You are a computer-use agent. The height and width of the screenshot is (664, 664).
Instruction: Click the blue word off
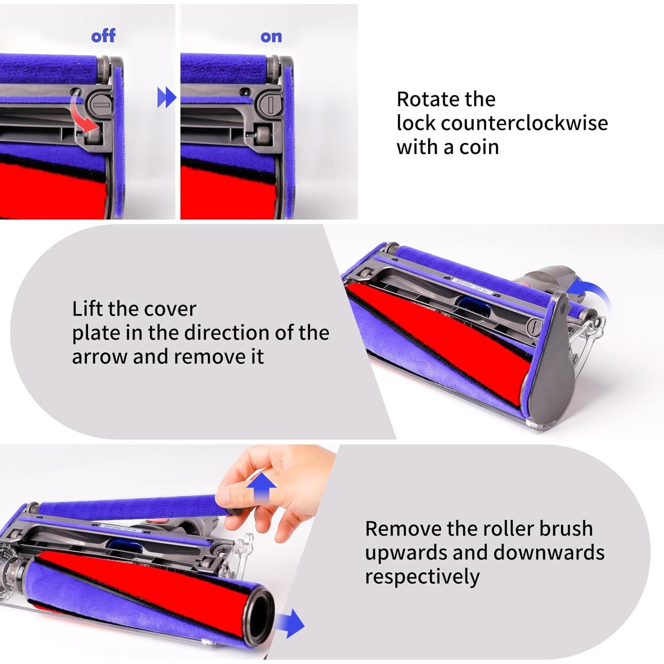[x=103, y=36]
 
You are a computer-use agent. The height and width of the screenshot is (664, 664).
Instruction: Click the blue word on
[x=271, y=36]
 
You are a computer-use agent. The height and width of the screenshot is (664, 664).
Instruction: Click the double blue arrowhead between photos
[x=166, y=97]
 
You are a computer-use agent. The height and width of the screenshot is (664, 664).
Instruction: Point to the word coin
[x=479, y=147]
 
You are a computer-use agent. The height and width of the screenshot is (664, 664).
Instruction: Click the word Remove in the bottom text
[x=403, y=529]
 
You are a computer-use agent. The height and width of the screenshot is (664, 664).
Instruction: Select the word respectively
[x=422, y=577]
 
